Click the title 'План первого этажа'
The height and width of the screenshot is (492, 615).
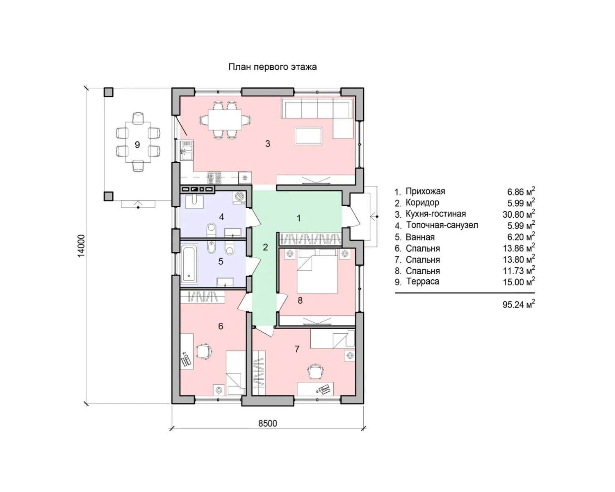[x=272, y=67]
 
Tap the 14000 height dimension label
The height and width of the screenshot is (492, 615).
[x=82, y=246]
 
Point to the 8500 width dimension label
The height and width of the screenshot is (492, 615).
[x=268, y=424]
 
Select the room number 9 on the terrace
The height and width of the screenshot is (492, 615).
[x=137, y=145]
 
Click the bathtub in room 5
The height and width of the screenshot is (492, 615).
[x=189, y=264]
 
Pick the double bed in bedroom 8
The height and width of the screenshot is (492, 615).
[x=317, y=271]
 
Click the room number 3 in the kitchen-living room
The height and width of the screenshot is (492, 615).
[x=267, y=143]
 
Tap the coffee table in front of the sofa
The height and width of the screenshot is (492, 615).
[x=309, y=136]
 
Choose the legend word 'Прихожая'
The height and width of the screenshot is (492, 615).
[x=425, y=191]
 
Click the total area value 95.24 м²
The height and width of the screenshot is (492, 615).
[x=518, y=305]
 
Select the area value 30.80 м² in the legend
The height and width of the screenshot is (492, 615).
[x=518, y=214]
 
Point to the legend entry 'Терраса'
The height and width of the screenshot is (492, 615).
[x=423, y=282]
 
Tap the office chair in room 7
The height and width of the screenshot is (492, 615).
[x=316, y=371]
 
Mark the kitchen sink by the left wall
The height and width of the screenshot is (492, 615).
[x=187, y=151]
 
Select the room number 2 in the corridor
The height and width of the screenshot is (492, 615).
[x=265, y=247]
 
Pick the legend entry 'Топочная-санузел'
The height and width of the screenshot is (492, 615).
[x=442, y=225]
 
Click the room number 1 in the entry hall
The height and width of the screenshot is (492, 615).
[x=298, y=219]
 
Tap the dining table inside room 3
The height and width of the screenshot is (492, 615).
[x=225, y=120]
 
